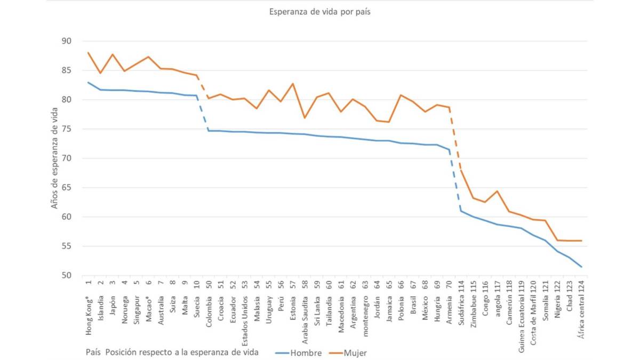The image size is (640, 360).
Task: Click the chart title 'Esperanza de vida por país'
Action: click(x=319, y=12)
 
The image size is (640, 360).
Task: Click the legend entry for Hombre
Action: click(x=299, y=353)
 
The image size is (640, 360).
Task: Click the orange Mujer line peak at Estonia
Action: click(x=292, y=84)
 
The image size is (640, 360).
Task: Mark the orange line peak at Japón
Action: click(x=113, y=54)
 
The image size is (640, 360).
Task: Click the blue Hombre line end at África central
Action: click(x=581, y=267)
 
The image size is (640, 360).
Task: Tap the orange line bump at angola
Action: click(x=497, y=191)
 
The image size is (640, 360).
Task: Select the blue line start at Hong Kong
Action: click(x=89, y=83)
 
